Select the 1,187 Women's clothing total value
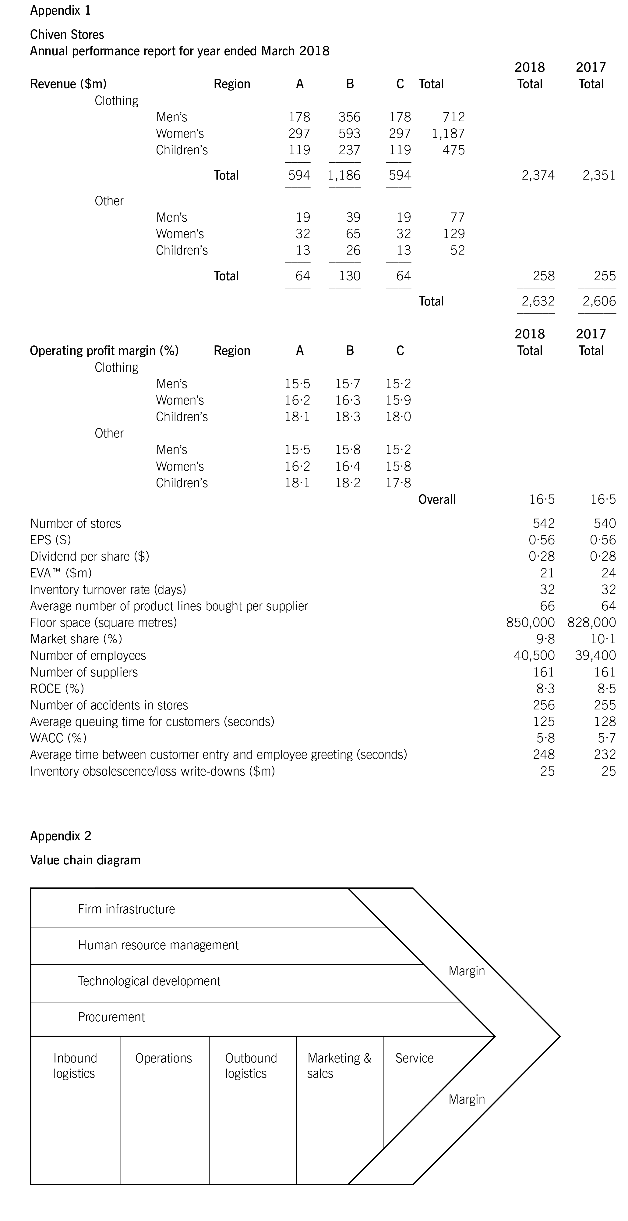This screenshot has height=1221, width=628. (x=448, y=134)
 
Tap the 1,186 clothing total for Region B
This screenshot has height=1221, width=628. (x=344, y=175)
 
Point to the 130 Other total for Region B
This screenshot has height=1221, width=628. (x=350, y=276)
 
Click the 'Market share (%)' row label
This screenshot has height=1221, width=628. (x=76, y=639)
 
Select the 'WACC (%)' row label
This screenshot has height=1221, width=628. (x=58, y=738)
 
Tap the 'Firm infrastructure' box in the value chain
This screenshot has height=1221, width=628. (x=126, y=909)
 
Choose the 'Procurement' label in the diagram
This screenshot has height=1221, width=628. (x=111, y=1017)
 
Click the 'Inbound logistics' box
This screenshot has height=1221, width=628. (x=75, y=1066)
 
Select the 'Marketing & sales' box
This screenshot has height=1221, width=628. (x=339, y=1066)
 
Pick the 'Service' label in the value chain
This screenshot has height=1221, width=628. (x=415, y=1059)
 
